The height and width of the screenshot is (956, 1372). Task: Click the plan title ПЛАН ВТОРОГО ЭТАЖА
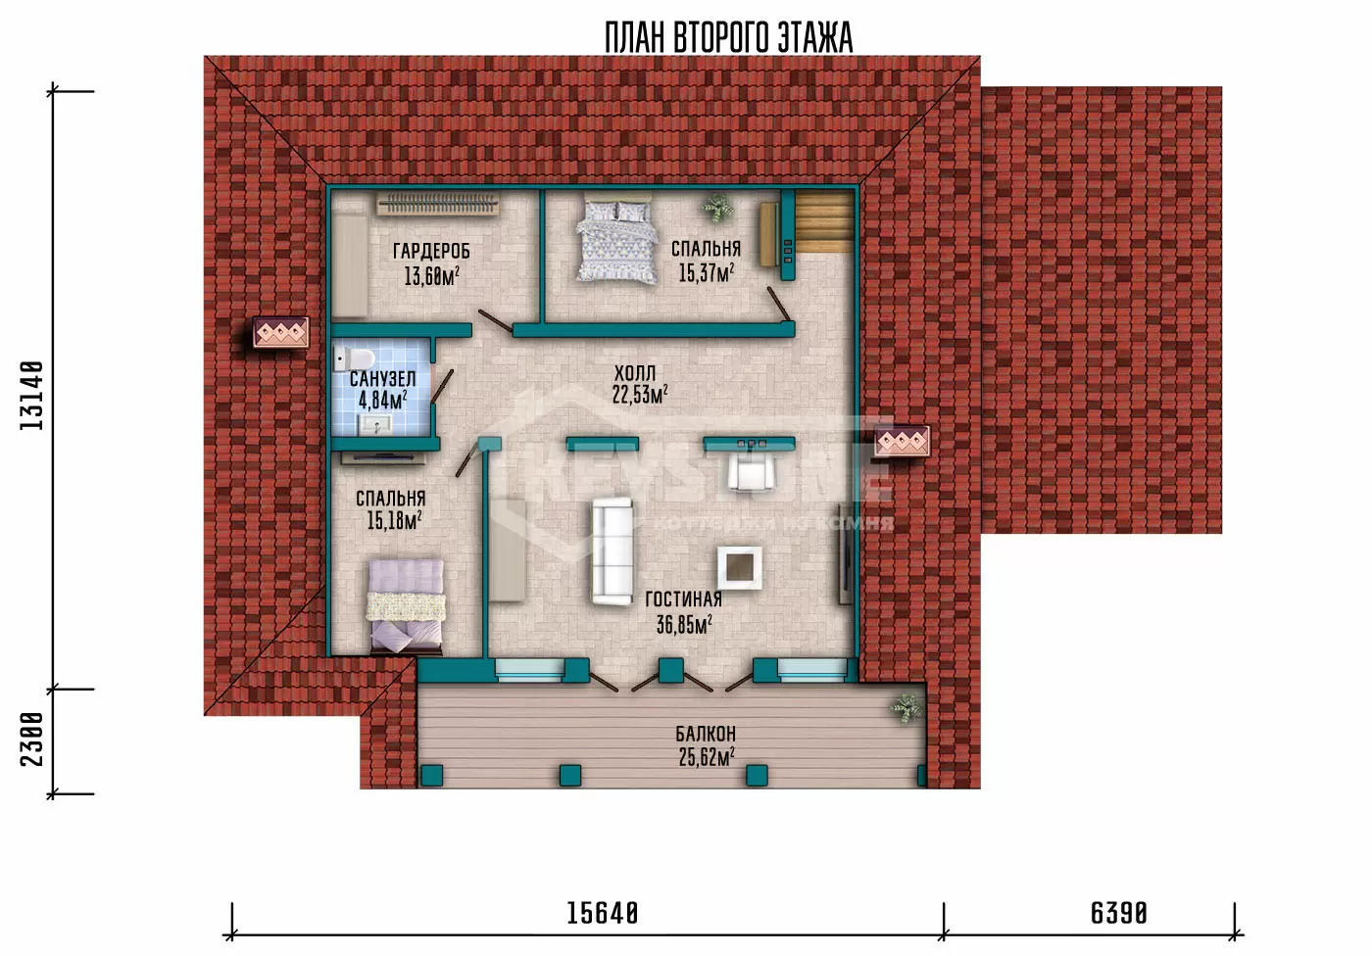pos(728,38)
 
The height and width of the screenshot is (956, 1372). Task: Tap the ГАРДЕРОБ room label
pos(431,251)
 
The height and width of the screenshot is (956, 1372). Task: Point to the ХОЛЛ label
pos(635,373)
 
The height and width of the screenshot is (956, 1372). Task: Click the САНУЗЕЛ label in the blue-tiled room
pos(383,379)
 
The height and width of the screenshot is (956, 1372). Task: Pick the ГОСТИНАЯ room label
pos(684,599)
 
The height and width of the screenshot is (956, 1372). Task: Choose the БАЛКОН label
pos(706,734)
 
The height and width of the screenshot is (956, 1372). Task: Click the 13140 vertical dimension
pos(31,396)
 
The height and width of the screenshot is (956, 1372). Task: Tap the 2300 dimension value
pos(31,740)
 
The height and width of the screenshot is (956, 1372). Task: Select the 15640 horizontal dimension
pos(603,914)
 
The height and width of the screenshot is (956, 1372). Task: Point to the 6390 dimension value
pos(1119,914)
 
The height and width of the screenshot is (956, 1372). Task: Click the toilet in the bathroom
pos(354,358)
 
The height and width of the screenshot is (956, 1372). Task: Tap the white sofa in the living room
pos(612,550)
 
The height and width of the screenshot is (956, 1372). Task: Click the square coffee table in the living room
pos(740,568)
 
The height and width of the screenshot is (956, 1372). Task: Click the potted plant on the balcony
pos(906,709)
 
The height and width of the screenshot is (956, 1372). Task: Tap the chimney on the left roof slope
pos(281,332)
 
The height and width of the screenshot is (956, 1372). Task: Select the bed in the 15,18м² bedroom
pos(406,605)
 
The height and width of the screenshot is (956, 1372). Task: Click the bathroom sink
pos(375,423)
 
